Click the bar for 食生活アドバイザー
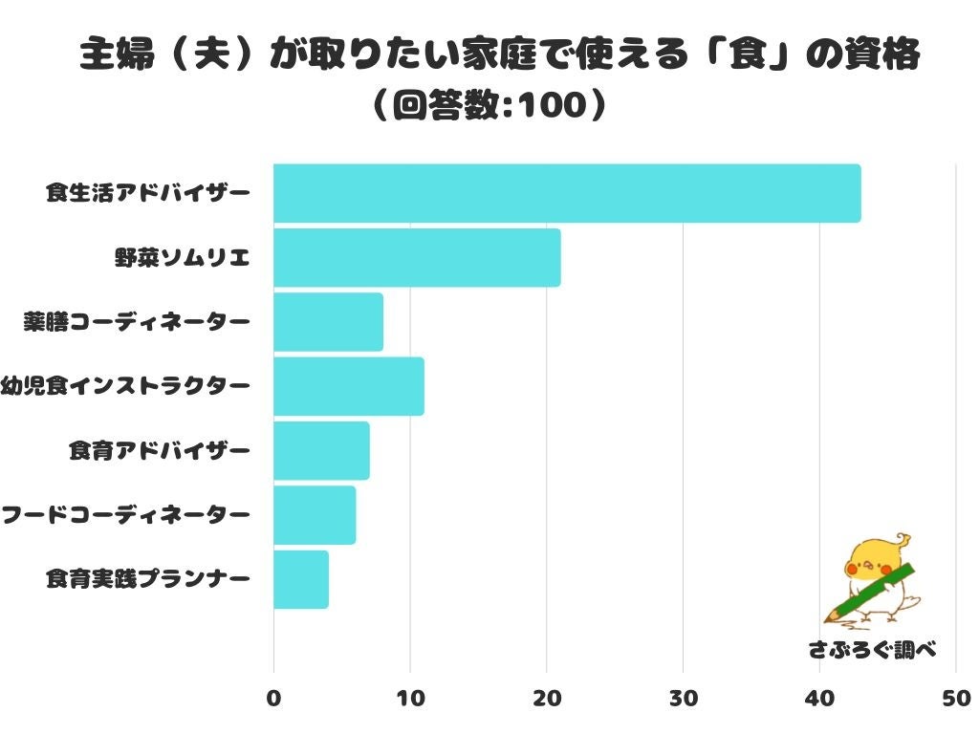567,193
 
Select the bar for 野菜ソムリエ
417,257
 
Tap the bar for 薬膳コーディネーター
328,322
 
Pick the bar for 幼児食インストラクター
348,386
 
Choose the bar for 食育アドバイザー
321,450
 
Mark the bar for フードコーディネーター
315,515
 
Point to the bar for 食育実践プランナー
301,579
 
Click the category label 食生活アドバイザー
148,193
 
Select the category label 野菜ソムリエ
183,257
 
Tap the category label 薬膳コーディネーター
137,322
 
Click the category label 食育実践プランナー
148,579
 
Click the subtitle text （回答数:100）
489,105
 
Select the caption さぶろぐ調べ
871,650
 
